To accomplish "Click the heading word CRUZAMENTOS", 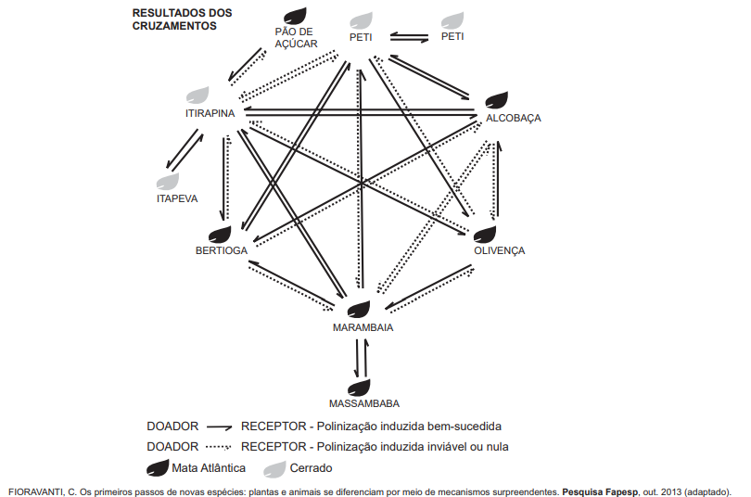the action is click(x=174, y=26).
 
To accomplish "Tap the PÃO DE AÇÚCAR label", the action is click(x=296, y=38).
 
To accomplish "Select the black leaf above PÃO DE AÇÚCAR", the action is click(x=295, y=16).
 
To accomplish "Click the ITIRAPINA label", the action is click(x=210, y=113).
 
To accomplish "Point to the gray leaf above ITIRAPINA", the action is click(x=197, y=95).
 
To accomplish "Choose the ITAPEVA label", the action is click(x=177, y=198).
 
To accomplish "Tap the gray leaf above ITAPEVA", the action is click(x=168, y=182).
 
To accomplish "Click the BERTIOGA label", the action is click(x=222, y=250).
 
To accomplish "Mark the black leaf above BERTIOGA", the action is click(x=220, y=235).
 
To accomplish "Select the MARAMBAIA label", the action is click(x=363, y=327).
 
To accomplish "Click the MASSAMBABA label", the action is click(x=364, y=403).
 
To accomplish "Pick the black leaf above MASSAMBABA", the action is click(x=359, y=388).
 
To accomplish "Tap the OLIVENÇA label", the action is click(x=500, y=250).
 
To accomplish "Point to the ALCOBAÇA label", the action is click(x=514, y=118).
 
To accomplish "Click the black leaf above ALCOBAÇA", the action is click(x=497, y=100).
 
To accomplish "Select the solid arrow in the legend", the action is click(x=220, y=427).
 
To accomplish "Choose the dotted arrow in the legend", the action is click(x=219, y=447).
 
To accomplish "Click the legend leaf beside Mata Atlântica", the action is click(x=158, y=468).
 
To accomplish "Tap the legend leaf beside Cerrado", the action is click(x=274, y=469).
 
